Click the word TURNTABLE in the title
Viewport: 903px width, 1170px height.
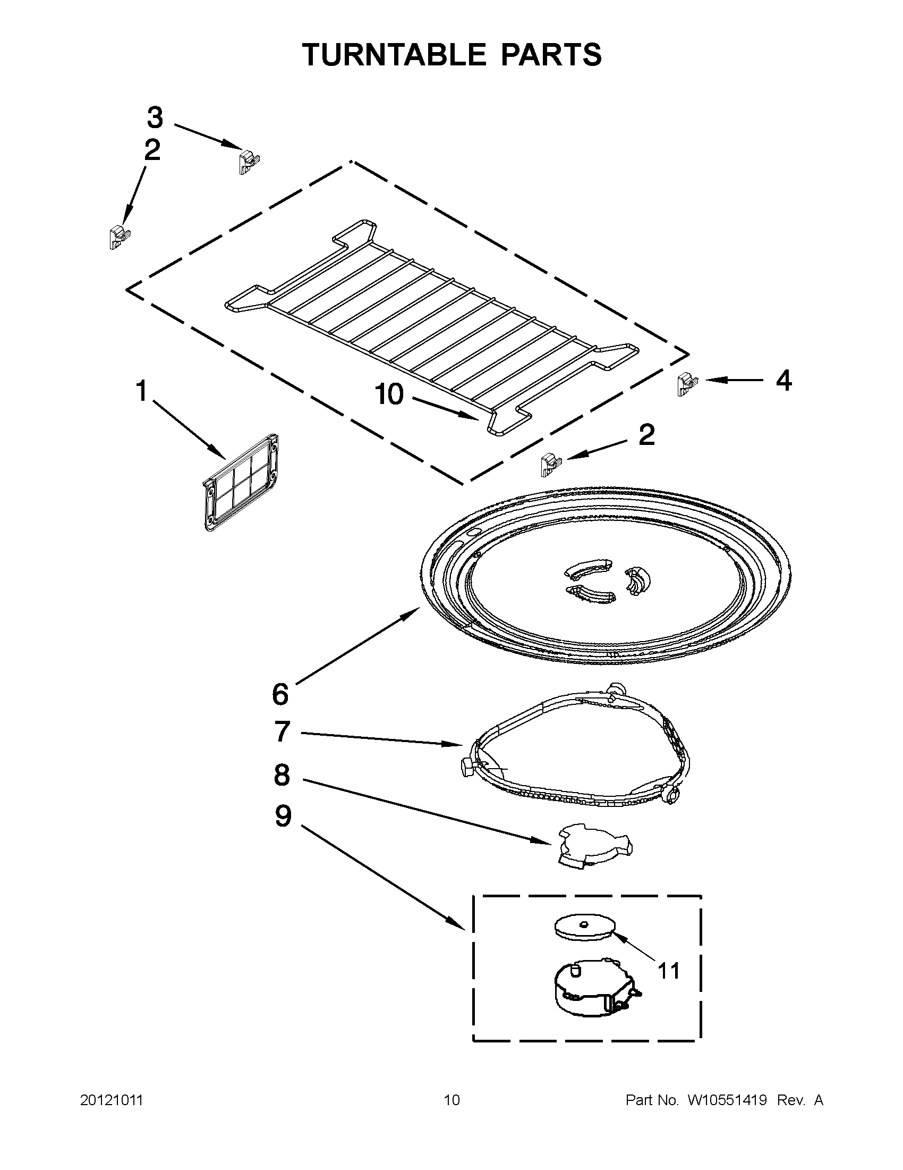coord(394,55)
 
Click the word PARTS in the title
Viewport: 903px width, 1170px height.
coord(551,55)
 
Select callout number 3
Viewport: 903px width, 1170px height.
coord(155,117)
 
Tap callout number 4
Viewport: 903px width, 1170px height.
coord(783,381)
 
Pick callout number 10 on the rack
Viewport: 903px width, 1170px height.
coord(389,395)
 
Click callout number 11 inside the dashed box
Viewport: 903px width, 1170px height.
coord(668,970)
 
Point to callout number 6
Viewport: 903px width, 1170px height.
coord(280,694)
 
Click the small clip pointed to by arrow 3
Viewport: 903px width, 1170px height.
coord(247,161)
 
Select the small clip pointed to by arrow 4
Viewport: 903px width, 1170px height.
coord(685,384)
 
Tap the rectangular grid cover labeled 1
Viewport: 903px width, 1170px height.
coord(241,482)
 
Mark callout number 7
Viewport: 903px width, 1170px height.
coord(282,731)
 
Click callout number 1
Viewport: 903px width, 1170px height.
coord(141,391)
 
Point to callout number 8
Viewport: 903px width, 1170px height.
coord(282,775)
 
